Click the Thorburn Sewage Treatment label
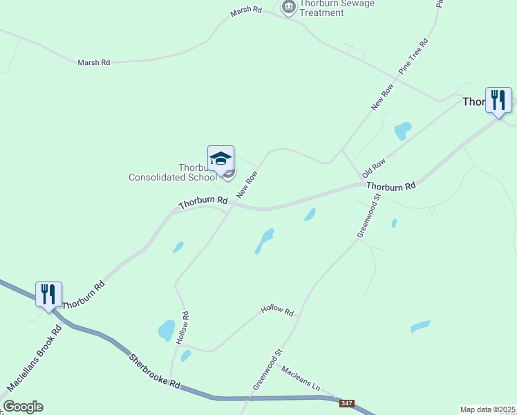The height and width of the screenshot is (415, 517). [337, 8]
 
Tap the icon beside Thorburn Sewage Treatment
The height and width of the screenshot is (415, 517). [288, 8]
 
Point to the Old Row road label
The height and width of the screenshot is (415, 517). [373, 168]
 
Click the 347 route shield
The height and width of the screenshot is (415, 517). [348, 403]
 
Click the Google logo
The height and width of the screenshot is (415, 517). [23, 407]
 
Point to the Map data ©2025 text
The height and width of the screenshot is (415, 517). [488, 409]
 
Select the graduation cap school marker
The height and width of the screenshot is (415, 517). [221, 159]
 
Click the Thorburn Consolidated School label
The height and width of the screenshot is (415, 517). [173, 172]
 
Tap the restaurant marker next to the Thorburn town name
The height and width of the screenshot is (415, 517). [498, 100]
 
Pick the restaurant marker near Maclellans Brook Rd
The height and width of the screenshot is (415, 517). [48, 295]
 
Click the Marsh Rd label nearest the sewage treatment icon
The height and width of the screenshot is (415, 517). [247, 10]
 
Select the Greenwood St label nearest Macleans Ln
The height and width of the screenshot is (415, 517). [268, 369]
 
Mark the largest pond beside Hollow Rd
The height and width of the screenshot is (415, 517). [167, 330]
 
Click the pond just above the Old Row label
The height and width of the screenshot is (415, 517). [402, 130]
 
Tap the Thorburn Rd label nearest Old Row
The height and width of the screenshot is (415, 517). [391, 186]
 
